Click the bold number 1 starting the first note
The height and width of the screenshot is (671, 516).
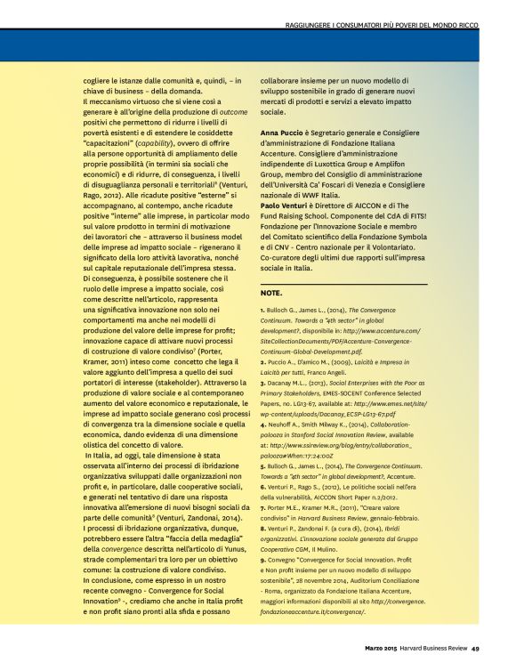pyautogui.click(x=262, y=310)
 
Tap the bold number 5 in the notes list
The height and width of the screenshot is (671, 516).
pyautogui.click(x=262, y=467)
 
